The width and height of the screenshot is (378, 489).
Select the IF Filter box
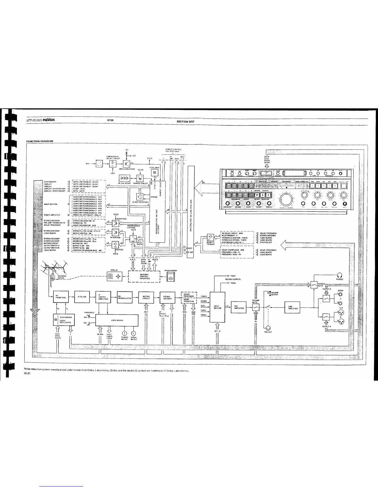click(x=82, y=297)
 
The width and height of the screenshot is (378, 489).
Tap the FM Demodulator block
click(x=125, y=298)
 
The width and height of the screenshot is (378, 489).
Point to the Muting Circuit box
click(x=146, y=298)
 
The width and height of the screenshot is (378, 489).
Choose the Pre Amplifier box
click(x=239, y=307)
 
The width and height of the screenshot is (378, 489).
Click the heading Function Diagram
click(x=40, y=141)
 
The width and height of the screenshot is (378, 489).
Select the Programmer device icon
click(x=171, y=277)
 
